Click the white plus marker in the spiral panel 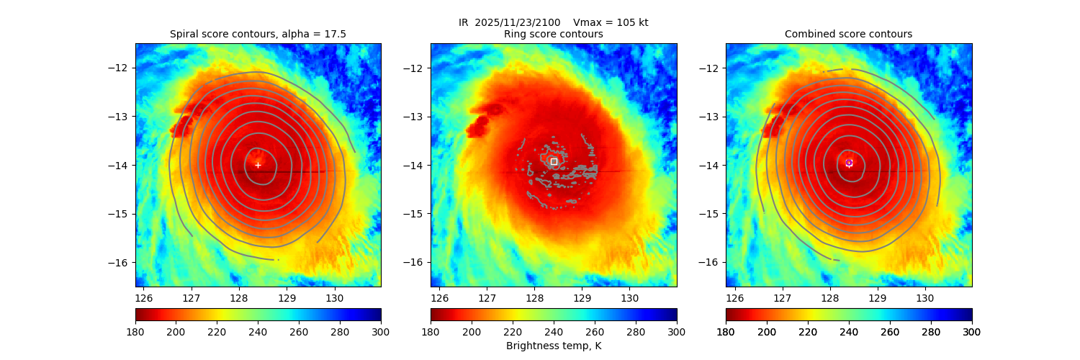(258, 165)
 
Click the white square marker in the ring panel (554, 162)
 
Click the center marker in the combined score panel (849, 163)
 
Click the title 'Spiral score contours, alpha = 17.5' (258, 34)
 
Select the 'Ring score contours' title (554, 34)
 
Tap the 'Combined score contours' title (848, 34)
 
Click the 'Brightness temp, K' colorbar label (554, 346)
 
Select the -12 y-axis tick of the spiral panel (124, 68)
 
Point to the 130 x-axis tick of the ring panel (629, 297)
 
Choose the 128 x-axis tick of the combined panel (829, 297)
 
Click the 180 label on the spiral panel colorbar (135, 332)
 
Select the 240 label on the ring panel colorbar (554, 332)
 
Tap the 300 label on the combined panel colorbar (972, 332)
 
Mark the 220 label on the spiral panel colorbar (217, 332)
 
